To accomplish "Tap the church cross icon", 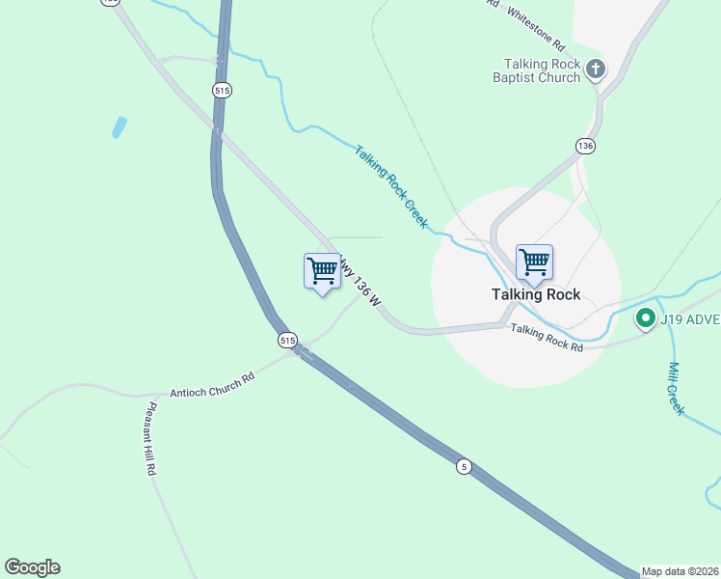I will click(x=596, y=69).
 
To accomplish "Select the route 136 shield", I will click(x=586, y=146).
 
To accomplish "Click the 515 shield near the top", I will click(x=222, y=89).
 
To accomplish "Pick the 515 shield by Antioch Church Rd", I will click(x=287, y=340).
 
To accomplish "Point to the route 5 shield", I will click(x=465, y=467).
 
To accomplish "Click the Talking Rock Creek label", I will click(x=390, y=186).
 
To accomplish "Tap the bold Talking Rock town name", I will click(x=536, y=294).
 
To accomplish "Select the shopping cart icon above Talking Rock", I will click(x=534, y=262).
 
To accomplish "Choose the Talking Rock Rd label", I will click(x=547, y=337).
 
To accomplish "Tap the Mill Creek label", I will click(x=676, y=388).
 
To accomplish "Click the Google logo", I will click(x=32, y=567).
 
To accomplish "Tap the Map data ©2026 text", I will click(x=681, y=571).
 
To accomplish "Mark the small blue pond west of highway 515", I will click(x=119, y=127).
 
